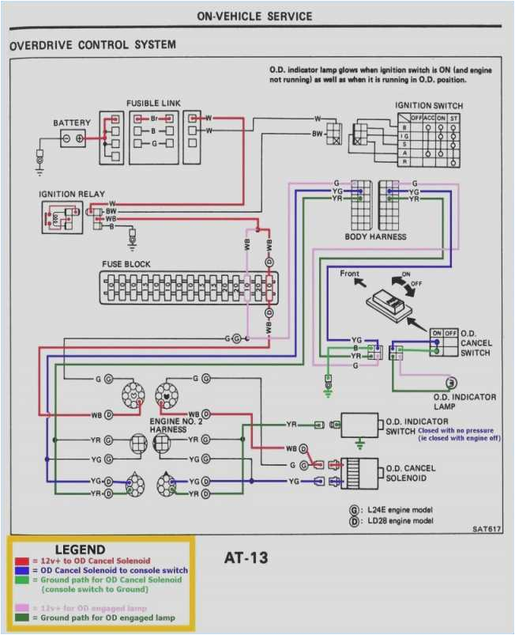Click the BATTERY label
tap(72, 123)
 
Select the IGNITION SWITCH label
tap(429, 105)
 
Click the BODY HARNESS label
tap(376, 236)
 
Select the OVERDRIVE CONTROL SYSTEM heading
tap(92, 46)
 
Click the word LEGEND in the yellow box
tap(80, 550)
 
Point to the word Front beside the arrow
tap(349, 274)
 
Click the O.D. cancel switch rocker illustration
tap(391, 304)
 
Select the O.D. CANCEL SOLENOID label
tap(411, 472)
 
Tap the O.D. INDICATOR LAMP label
tap(464, 402)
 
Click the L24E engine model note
tap(399, 509)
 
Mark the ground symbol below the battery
tap(39, 164)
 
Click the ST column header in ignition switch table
tap(455, 118)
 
